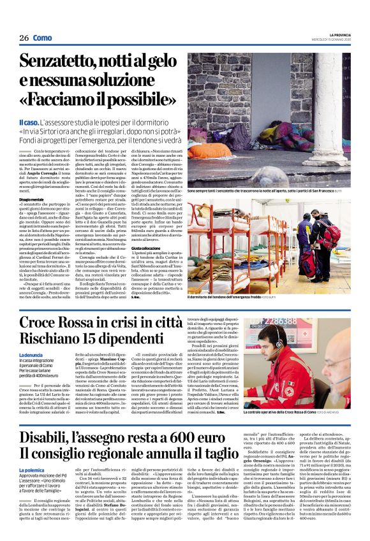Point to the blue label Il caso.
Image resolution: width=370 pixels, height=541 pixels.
click(x=27, y=121)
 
